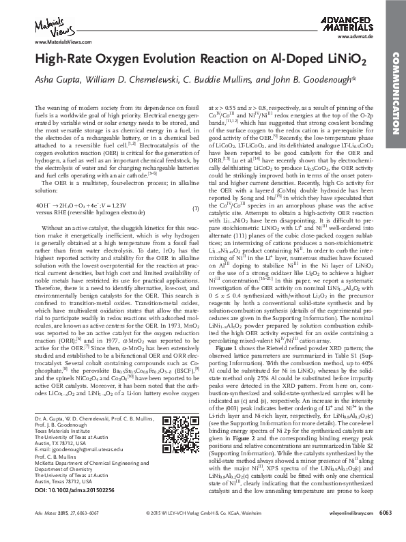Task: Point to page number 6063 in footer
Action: coord(385,532)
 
